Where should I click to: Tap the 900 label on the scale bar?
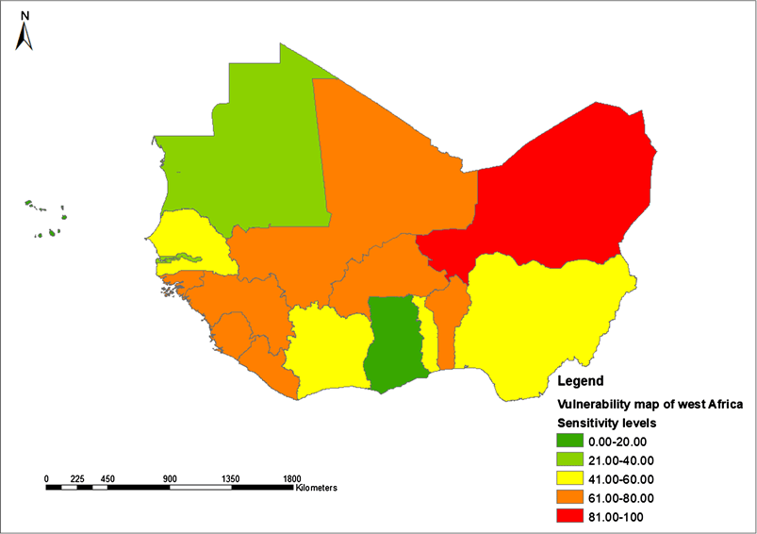tap(170, 478)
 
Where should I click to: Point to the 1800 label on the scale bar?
tap(292, 478)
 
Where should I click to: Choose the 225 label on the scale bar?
tap(77, 478)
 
